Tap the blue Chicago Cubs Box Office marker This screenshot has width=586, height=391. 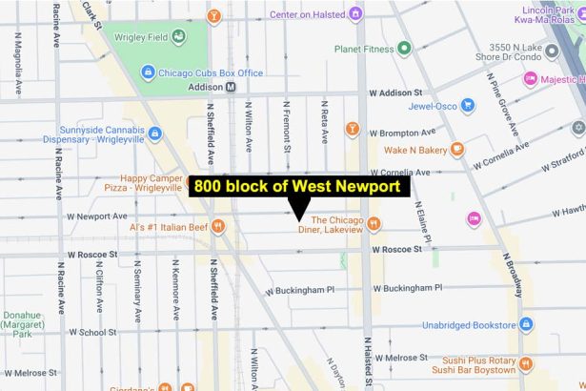[148, 72]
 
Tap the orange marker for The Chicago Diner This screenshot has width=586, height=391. [374, 224]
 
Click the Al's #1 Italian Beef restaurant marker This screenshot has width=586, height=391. [218, 227]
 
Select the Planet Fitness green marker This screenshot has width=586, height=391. [404, 48]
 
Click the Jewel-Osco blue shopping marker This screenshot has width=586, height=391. [467, 106]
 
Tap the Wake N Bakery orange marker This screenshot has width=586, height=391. [457, 149]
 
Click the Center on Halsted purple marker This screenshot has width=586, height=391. [355, 14]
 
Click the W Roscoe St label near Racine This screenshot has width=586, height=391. [92, 255]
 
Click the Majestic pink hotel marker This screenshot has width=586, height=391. [531, 79]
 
